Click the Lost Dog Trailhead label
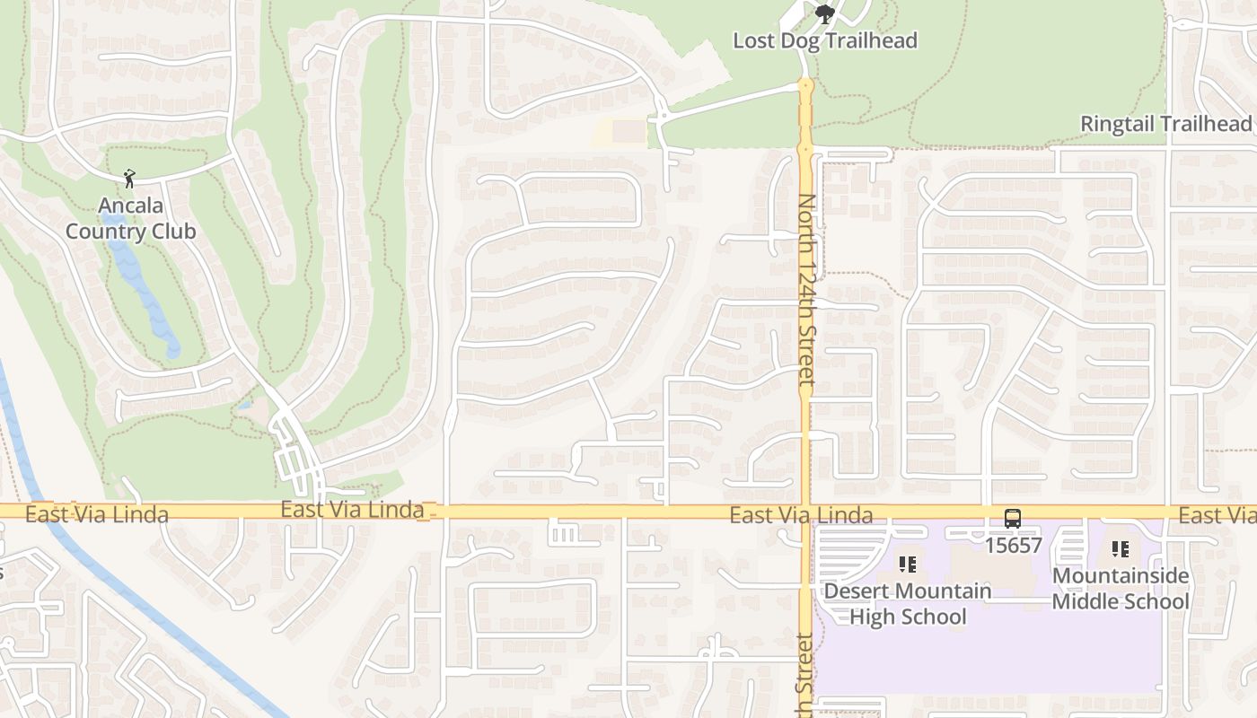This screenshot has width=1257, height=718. pyautogui.click(x=825, y=41)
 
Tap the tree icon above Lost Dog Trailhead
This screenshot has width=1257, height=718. pyautogui.click(x=824, y=13)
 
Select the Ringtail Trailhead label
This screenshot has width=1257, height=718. pyautogui.click(x=1165, y=124)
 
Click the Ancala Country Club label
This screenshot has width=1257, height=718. pyautogui.click(x=130, y=218)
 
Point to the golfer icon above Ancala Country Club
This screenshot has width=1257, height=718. pyautogui.click(x=129, y=179)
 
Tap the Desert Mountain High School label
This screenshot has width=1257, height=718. pyautogui.click(x=908, y=604)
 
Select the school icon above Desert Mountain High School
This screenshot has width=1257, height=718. pyautogui.click(x=908, y=565)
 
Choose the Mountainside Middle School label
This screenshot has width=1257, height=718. pyautogui.click(x=1121, y=589)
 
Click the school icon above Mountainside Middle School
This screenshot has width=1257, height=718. pyautogui.click(x=1120, y=549)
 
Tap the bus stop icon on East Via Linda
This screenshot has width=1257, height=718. pyautogui.click(x=1013, y=519)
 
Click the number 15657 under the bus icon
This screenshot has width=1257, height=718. pyautogui.click(x=1013, y=545)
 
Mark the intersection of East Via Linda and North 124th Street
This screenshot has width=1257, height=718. pyautogui.click(x=805, y=512)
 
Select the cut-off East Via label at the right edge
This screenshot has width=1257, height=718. pyautogui.click(x=1217, y=514)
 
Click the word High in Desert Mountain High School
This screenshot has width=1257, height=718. pyautogui.click(x=870, y=617)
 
